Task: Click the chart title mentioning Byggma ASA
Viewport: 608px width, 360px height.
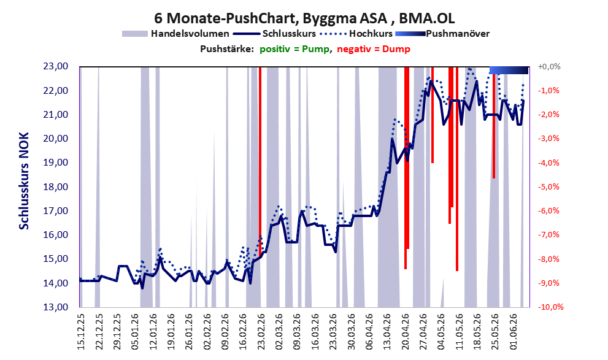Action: coord(304,18)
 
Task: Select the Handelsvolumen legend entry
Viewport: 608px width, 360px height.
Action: coord(175,34)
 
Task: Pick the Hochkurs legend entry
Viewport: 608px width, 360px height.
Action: coord(356,34)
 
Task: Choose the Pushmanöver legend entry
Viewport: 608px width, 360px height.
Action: coord(442,34)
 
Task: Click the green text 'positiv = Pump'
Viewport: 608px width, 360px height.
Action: coord(294,49)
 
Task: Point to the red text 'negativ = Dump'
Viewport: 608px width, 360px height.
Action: coord(374,49)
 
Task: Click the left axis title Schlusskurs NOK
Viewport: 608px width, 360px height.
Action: coord(24,181)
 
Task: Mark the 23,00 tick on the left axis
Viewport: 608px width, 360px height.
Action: coord(55,66)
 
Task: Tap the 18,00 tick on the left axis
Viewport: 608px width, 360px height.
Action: coord(55,187)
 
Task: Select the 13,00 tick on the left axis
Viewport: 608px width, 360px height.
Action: coord(55,307)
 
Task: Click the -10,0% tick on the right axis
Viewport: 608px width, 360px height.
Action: coord(550,307)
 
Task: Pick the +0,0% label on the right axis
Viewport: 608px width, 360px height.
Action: coord(549,67)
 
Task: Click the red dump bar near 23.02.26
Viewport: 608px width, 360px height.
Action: coord(260,161)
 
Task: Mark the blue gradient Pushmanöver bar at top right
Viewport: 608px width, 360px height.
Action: coord(509,70)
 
